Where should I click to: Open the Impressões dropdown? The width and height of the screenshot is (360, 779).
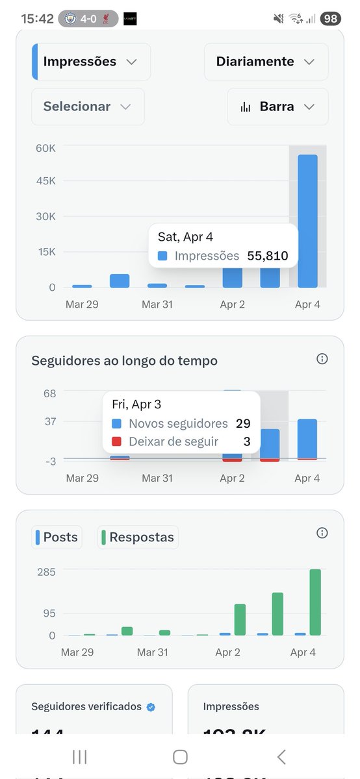coord(91,62)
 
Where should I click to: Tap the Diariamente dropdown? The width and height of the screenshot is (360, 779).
coord(266,62)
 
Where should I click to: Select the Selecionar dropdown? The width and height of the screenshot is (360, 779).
coord(88,106)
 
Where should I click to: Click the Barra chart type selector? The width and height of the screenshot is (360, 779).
coord(277,106)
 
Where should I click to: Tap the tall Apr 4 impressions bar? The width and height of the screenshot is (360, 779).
coord(307,221)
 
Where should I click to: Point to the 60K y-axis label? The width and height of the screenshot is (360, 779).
coord(45,148)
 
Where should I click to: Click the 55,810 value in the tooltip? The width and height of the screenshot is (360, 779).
coord(268,256)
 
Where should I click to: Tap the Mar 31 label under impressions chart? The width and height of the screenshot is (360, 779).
coord(157,304)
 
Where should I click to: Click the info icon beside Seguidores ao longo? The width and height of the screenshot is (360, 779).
coord(322,359)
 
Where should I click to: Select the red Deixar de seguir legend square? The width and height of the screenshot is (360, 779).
coord(117,442)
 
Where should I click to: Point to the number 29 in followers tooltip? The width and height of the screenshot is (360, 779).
coord(243,424)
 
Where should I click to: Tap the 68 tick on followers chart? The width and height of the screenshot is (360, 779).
coord(50,393)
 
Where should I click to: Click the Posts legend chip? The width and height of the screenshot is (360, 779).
coord(57,538)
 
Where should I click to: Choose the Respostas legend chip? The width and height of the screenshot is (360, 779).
coord(138,538)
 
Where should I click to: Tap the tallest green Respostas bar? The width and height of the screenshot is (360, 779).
coord(315,602)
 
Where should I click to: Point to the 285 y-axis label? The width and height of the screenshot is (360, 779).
coord(46,572)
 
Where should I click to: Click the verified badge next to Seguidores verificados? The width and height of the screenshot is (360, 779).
coord(151,707)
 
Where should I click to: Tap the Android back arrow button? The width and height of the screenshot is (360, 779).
coord(281,756)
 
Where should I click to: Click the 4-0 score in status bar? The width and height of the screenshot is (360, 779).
coord(89,19)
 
